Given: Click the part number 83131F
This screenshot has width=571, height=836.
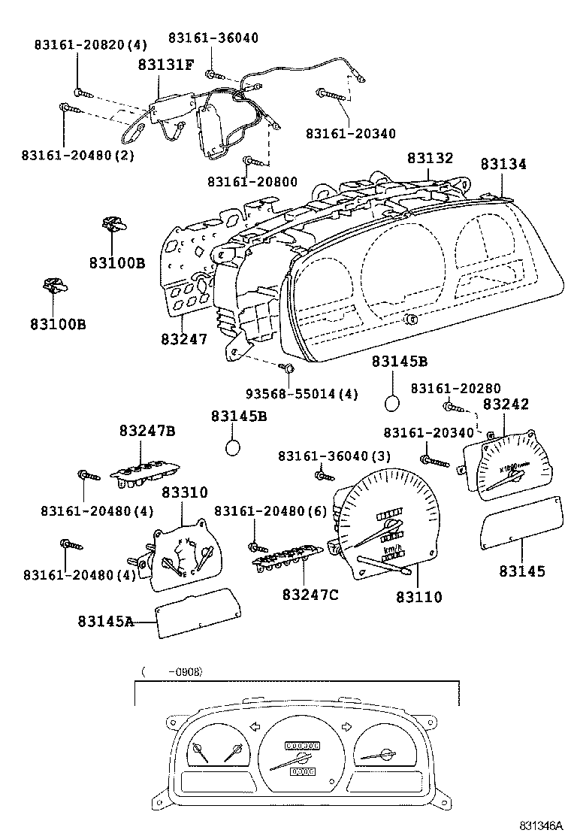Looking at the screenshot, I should tap(165, 65).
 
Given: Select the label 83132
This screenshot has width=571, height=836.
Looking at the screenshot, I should tap(431, 159).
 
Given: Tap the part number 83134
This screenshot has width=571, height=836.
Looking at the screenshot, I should tap(504, 164).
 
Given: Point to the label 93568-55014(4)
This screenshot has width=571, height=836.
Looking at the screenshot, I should tap(302, 394).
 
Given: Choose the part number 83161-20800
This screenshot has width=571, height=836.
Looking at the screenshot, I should tap(252, 182).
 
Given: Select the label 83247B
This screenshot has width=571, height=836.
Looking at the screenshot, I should tap(147, 431).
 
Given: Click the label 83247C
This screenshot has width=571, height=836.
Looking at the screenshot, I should tap(310, 595).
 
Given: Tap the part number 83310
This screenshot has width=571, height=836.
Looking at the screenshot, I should tap(184, 492).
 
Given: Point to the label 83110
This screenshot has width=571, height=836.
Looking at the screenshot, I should tap(419, 598).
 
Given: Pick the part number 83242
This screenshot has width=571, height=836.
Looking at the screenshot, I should tap(506, 404).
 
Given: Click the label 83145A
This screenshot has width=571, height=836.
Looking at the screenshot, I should tap(105, 621).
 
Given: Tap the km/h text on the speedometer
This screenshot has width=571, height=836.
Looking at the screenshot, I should tap(392, 550).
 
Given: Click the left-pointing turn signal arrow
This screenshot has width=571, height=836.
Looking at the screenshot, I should tap(253, 726).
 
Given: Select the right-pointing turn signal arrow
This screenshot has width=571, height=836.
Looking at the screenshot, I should tap(346, 726).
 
